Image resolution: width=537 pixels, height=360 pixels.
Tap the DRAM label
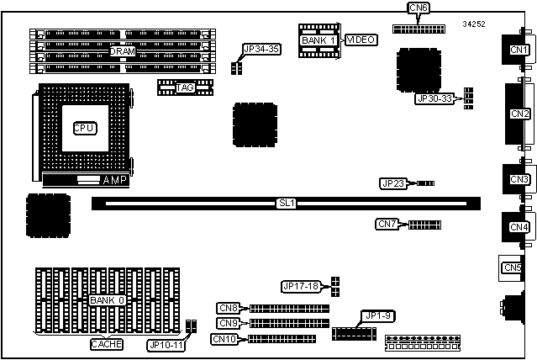pyautogui.click(x=122, y=51)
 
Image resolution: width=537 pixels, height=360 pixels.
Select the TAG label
pyautogui.click(x=185, y=87)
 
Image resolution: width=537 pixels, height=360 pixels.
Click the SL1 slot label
pyautogui.click(x=286, y=203)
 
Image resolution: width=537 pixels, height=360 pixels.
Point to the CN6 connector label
pyautogui.click(x=419, y=8)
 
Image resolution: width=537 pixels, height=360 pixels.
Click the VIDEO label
pyautogui.click(x=361, y=40)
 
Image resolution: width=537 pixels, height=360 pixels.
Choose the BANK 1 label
pyautogui.click(x=319, y=40)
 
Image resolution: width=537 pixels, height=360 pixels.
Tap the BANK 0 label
pyautogui.click(x=108, y=300)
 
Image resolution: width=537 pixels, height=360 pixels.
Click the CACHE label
pyautogui.click(x=107, y=344)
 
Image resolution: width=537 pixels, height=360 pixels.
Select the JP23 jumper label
pyautogui.click(x=392, y=183)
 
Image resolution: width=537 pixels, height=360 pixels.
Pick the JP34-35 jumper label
pyautogui.click(x=261, y=50)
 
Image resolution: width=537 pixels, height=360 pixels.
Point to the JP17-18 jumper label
pyautogui.click(x=303, y=287)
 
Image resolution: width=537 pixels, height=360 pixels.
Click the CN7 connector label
pyautogui.click(x=387, y=224)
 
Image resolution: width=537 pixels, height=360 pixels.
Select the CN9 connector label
pyautogui.click(x=228, y=323)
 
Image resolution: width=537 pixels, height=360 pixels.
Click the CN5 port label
pyautogui.click(x=512, y=267)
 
